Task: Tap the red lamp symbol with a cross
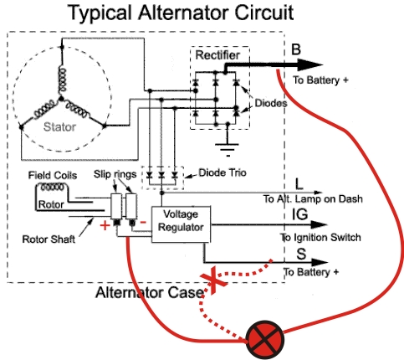point(265,339)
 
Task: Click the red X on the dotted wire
point(213,280)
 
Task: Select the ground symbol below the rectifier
point(227,147)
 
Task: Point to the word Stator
point(59,127)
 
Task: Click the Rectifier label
point(217,55)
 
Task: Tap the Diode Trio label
point(222,172)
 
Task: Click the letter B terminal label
point(296,49)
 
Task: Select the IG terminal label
point(300,214)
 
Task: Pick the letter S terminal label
point(301,255)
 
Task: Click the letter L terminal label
point(299,184)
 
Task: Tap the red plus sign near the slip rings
point(105,225)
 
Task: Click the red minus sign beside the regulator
point(143,223)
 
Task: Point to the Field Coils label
point(53,175)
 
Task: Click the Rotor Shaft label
point(49,239)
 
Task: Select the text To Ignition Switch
point(320,238)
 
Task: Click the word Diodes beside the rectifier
point(271,103)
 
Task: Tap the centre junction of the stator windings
point(61,99)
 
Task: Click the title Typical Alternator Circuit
point(181,13)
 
